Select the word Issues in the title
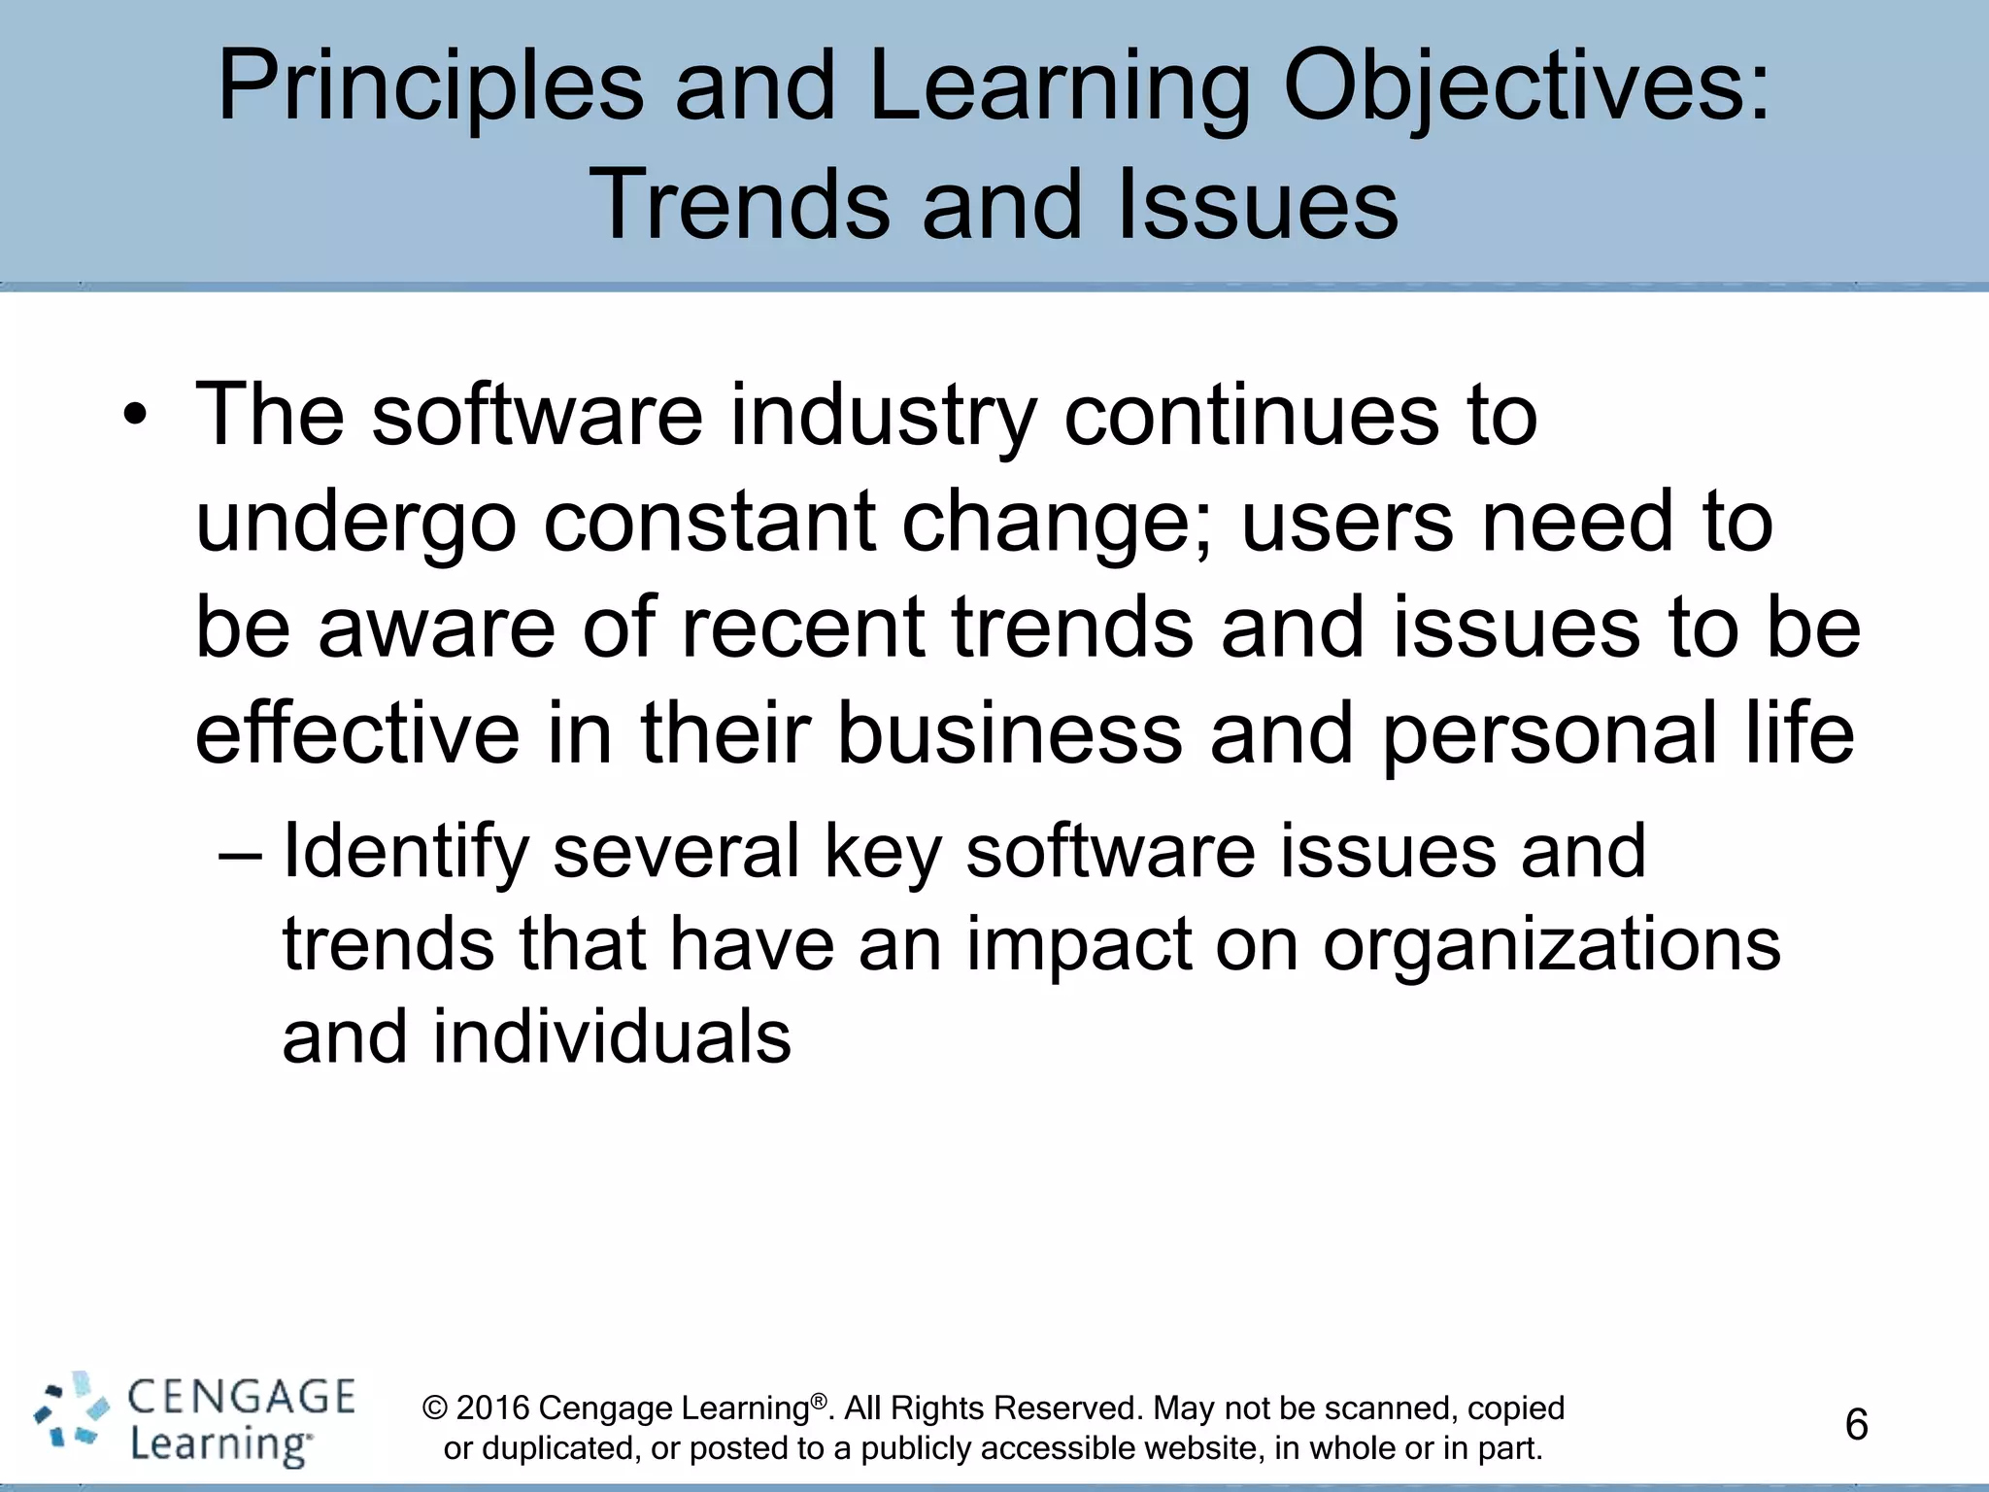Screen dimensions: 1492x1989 pyautogui.click(x=1259, y=205)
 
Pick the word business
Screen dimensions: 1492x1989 pyautogui.click(x=1009, y=732)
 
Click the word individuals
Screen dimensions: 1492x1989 pyautogui.click(x=612, y=1037)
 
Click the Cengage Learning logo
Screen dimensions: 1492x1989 pyautogui.click(x=194, y=1423)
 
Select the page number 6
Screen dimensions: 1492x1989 pyautogui.click(x=1856, y=1425)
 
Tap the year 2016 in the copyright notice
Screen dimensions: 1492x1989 pyautogui.click(x=492, y=1408)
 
